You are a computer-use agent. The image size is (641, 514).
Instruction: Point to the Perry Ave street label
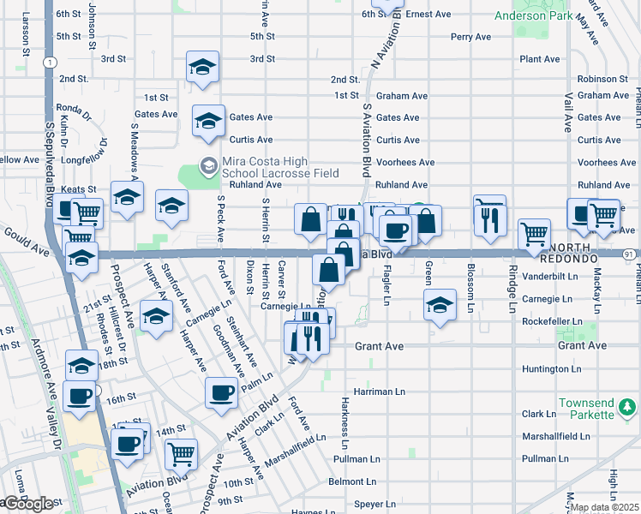click(470, 37)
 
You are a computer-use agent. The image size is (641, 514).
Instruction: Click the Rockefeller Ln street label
click(552, 322)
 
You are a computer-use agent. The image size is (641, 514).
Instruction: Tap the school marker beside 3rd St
click(202, 67)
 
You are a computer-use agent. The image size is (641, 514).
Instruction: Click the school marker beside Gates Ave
click(208, 121)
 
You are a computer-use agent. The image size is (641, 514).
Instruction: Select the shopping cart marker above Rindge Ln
click(535, 232)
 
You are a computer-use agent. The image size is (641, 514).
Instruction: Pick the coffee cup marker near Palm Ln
click(221, 392)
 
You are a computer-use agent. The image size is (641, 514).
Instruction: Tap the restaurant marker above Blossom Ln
click(489, 220)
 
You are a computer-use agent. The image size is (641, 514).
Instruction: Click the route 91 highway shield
click(630, 254)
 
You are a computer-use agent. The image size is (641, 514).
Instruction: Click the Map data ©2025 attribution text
click(604, 507)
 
